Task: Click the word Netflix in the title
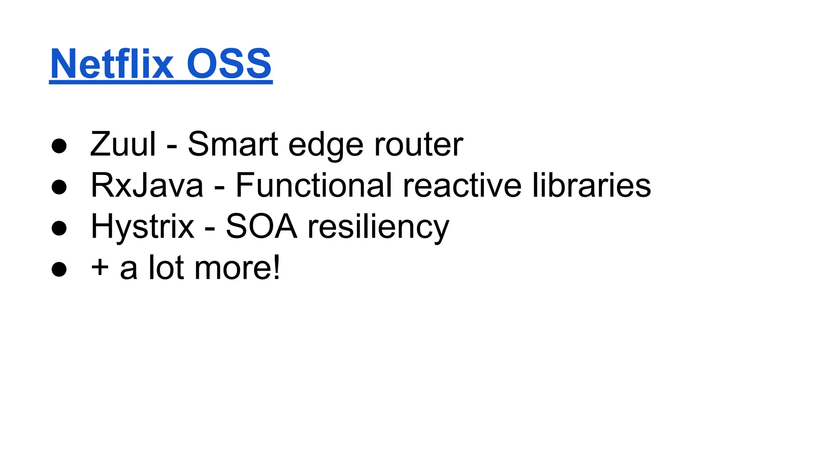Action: coord(112,64)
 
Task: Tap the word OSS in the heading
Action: coord(229,64)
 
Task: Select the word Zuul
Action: coord(123,144)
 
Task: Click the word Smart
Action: coord(233,144)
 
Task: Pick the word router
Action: coord(418,144)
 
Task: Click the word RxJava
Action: coord(147,185)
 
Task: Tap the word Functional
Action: coord(313,185)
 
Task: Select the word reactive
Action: coord(462,185)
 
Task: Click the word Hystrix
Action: coord(143,227)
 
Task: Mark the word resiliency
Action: coord(378,227)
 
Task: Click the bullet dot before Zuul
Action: coord(59,146)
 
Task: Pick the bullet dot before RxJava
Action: coord(59,187)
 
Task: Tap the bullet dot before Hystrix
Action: coord(59,228)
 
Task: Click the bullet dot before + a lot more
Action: coord(59,269)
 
